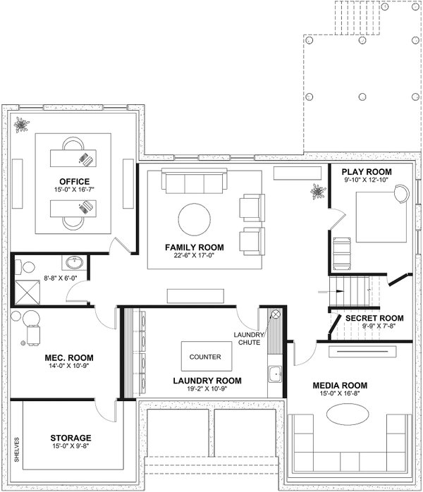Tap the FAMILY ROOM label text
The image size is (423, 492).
(194, 247)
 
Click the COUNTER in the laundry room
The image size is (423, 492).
(205, 357)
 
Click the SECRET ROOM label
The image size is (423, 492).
(374, 319)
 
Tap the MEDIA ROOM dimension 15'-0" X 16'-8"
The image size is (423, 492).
(341, 394)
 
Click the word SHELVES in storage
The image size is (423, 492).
(16, 449)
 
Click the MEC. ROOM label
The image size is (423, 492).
(64, 358)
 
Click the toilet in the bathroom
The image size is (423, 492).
(27, 267)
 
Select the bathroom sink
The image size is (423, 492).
(73, 263)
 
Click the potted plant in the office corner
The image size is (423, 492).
(23, 125)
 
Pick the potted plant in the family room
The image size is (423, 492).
(317, 190)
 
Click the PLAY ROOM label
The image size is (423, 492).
(366, 172)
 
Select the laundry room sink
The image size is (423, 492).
(274, 373)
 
